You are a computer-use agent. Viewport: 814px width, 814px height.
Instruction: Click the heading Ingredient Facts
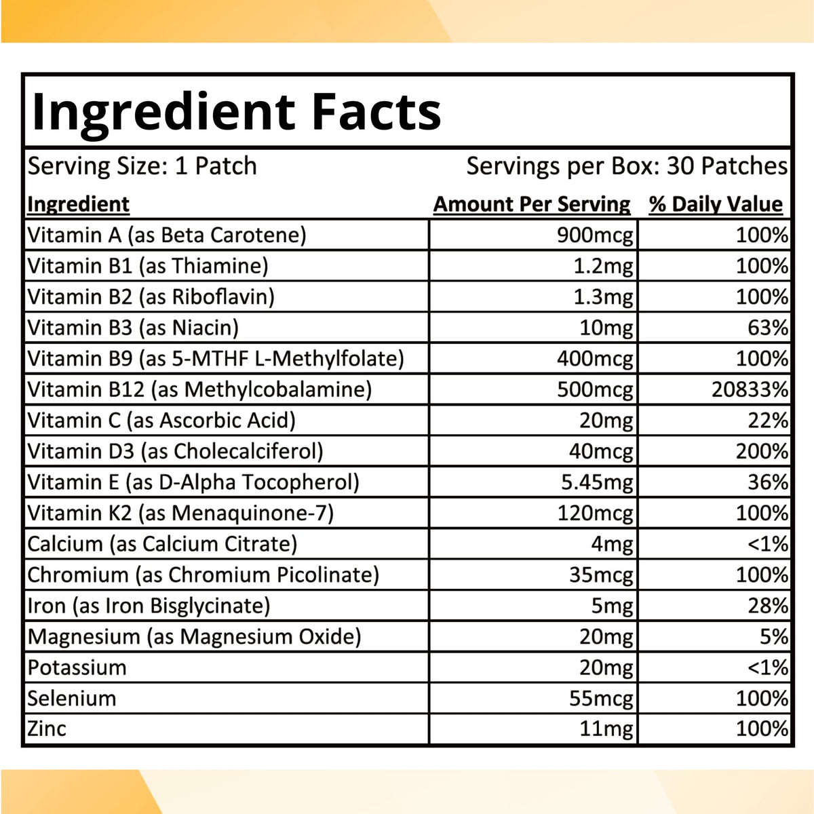(x=236, y=112)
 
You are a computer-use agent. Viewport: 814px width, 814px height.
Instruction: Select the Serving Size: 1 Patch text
(x=142, y=166)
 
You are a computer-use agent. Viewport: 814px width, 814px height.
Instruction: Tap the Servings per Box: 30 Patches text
(x=627, y=166)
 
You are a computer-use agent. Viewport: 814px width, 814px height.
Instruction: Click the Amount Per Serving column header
(x=532, y=204)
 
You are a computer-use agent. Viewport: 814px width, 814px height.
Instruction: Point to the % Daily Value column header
(x=716, y=204)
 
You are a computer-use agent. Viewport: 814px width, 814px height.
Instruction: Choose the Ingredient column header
(x=78, y=204)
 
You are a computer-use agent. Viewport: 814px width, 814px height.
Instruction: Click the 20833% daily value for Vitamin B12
(x=750, y=389)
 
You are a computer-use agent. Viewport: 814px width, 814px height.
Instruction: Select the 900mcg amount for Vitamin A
(x=595, y=235)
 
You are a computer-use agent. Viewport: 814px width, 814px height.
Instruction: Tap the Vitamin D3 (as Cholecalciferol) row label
(x=175, y=451)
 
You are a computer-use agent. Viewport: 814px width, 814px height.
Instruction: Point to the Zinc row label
(x=47, y=729)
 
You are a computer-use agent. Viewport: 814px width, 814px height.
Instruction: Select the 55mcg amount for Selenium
(x=601, y=698)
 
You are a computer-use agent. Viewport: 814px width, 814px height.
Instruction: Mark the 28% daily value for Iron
(x=768, y=606)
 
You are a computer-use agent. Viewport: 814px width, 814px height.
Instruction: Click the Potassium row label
(x=77, y=667)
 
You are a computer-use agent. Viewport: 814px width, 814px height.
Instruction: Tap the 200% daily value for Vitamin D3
(x=762, y=451)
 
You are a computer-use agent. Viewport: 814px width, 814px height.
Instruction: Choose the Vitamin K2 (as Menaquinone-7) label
(x=180, y=513)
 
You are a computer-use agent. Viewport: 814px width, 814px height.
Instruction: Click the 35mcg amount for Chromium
(x=601, y=575)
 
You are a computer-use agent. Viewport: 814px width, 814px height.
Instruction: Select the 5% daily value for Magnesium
(x=774, y=636)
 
